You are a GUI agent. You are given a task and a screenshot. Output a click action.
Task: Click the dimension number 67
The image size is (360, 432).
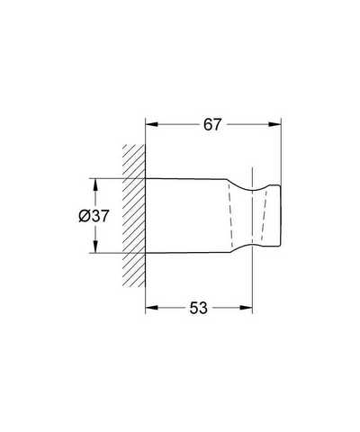[212, 124]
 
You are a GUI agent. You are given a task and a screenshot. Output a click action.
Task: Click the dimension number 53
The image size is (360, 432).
[198, 308]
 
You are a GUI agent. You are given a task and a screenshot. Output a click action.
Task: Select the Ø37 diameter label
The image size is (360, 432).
[94, 216]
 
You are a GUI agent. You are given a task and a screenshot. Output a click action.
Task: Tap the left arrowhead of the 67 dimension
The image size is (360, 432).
[151, 124]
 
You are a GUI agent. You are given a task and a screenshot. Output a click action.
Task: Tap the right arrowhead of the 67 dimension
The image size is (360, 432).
[274, 124]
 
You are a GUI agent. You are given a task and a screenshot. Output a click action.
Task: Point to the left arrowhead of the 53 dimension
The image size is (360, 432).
[151, 308]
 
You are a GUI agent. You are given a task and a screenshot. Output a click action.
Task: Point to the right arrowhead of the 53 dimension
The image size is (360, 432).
[247, 308]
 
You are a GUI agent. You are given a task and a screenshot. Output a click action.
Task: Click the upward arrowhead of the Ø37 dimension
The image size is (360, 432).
[95, 184]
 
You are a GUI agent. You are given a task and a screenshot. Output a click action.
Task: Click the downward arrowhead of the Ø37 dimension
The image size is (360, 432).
[95, 247]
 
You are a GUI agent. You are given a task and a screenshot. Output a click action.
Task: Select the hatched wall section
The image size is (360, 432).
[134, 215]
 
